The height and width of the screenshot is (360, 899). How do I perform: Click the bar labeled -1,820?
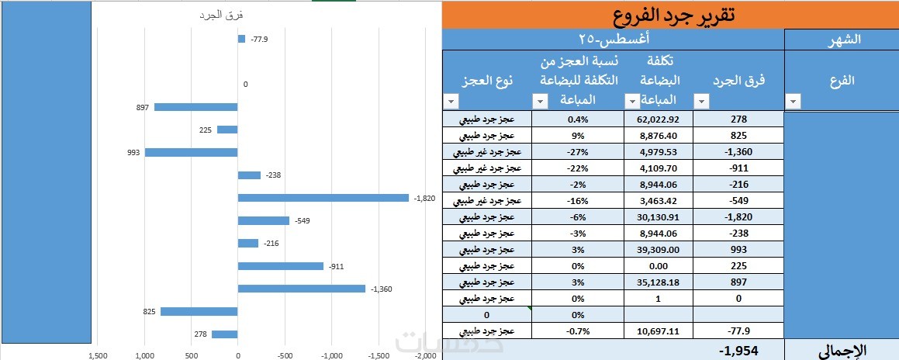(323, 198)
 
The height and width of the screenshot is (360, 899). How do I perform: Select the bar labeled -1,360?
(301, 289)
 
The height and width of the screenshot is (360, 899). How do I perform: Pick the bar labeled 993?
(191, 152)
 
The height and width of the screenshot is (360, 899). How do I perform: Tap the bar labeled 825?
(199, 311)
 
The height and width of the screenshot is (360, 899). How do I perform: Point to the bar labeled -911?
(280, 266)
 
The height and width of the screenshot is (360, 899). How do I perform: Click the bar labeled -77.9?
(241, 39)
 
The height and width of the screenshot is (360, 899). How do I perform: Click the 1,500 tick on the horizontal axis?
(98, 355)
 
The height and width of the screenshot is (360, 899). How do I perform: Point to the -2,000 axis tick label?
(425, 355)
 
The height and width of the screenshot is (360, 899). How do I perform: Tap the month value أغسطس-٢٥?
(614, 40)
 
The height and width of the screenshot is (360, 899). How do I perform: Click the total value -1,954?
(738, 350)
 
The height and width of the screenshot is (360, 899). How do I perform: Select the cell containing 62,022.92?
(658, 119)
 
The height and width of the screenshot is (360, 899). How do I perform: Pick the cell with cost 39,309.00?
(658, 250)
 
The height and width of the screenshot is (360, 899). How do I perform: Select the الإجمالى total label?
(841, 350)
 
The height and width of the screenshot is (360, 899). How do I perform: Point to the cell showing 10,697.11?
(658, 331)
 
